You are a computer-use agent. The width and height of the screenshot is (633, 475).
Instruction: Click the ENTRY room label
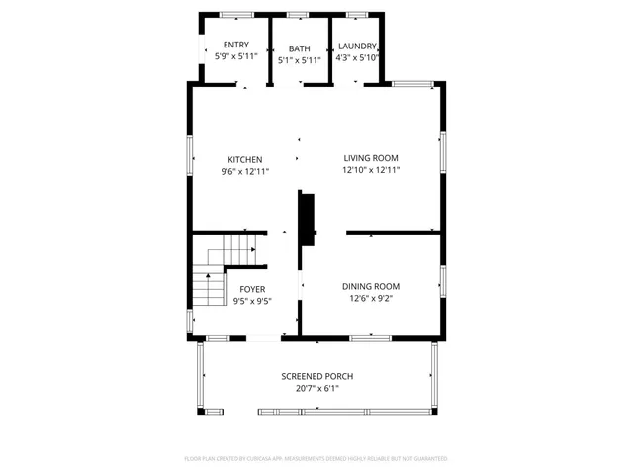click(236, 45)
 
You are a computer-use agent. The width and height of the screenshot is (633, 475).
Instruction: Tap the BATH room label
click(300, 48)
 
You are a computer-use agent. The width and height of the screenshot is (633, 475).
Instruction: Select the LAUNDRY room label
click(357, 46)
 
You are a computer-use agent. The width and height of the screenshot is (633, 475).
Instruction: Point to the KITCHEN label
click(245, 159)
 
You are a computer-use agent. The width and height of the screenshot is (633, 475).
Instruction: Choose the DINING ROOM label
click(371, 286)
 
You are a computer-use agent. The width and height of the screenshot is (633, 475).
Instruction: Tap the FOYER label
click(252, 289)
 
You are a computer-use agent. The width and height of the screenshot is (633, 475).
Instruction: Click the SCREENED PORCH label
click(316, 376)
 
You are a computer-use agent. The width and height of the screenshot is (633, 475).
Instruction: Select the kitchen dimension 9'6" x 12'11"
click(245, 171)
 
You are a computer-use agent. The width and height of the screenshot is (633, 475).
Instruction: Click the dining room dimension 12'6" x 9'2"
click(371, 298)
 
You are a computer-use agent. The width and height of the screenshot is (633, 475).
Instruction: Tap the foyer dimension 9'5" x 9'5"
click(252, 301)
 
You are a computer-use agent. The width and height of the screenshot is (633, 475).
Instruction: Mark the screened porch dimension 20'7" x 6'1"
click(316, 388)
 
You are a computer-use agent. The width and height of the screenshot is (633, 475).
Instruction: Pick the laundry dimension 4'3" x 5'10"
click(357, 57)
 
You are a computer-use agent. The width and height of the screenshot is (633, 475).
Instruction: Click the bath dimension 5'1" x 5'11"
click(300, 60)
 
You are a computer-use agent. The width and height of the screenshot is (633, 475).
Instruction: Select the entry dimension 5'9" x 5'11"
click(236, 56)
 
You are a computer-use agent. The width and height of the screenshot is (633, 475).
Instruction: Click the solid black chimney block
click(307, 219)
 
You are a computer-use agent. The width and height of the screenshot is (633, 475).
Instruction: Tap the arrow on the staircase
click(253, 250)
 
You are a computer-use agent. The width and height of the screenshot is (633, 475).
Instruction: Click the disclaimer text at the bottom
click(316, 459)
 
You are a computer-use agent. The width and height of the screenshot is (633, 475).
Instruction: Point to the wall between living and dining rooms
click(393, 233)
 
